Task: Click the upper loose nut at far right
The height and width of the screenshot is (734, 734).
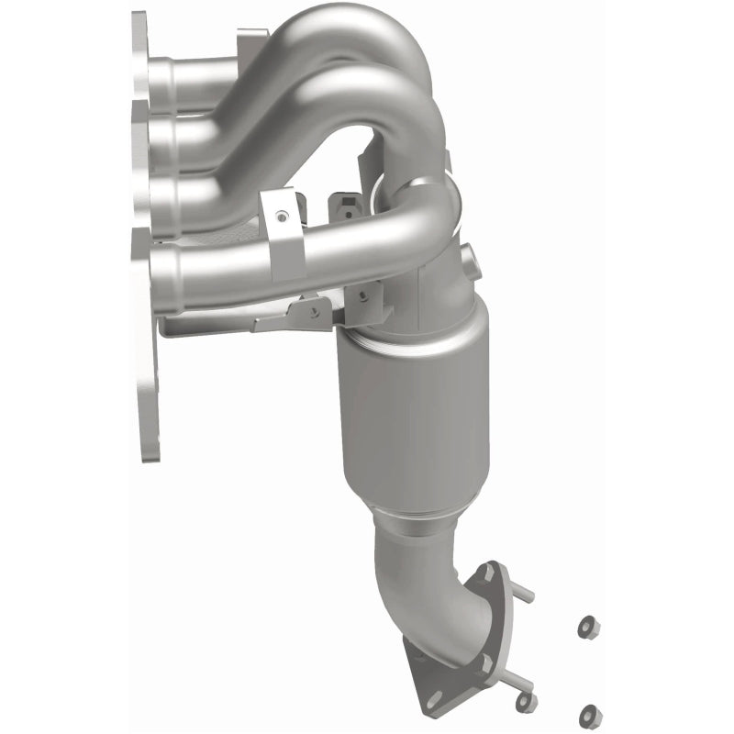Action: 584,628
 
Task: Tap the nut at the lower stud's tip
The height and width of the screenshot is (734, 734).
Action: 526,702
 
